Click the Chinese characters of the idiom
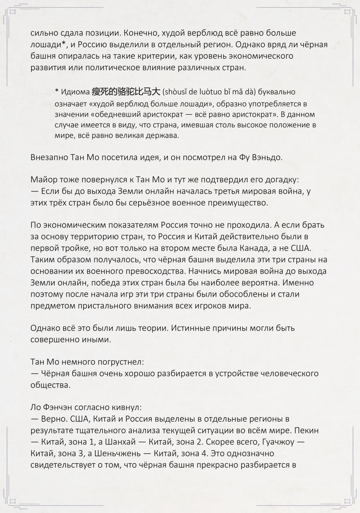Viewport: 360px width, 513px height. coord(126,92)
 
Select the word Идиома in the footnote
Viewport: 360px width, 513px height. coord(75,92)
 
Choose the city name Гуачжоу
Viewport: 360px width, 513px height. coord(278,442)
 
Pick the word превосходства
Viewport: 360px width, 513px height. coord(152,271)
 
